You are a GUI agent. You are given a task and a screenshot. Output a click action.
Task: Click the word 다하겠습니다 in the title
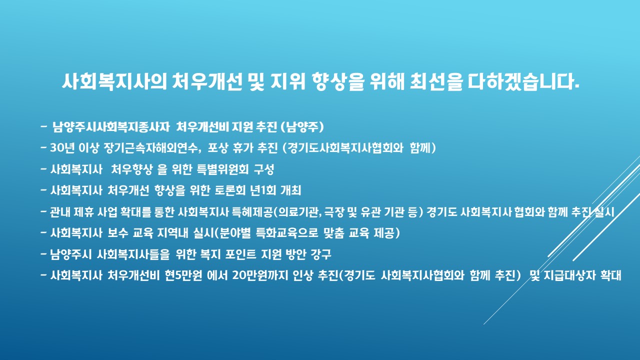[523, 81]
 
